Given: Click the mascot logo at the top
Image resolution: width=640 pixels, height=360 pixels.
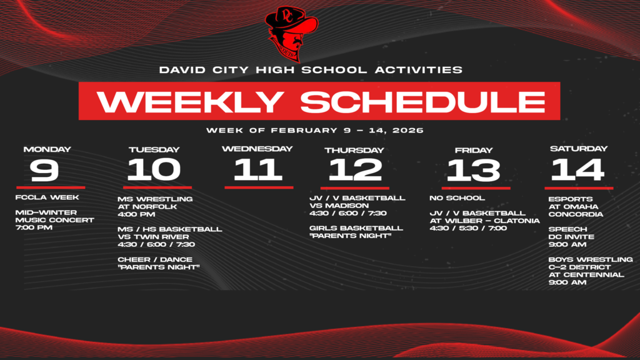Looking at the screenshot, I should click(x=291, y=33).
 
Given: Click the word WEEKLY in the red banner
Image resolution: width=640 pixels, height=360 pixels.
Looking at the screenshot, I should click(x=191, y=102).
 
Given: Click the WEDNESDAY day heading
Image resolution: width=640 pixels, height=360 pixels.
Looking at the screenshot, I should click(x=257, y=149).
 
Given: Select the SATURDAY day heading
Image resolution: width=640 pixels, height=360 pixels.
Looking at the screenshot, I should click(x=578, y=149).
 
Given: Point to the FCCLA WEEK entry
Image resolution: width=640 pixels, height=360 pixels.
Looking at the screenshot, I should click(x=47, y=198).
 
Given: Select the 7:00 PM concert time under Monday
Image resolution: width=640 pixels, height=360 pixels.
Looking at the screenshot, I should click(x=34, y=227).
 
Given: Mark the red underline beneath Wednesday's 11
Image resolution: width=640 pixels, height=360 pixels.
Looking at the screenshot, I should click(x=258, y=187).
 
